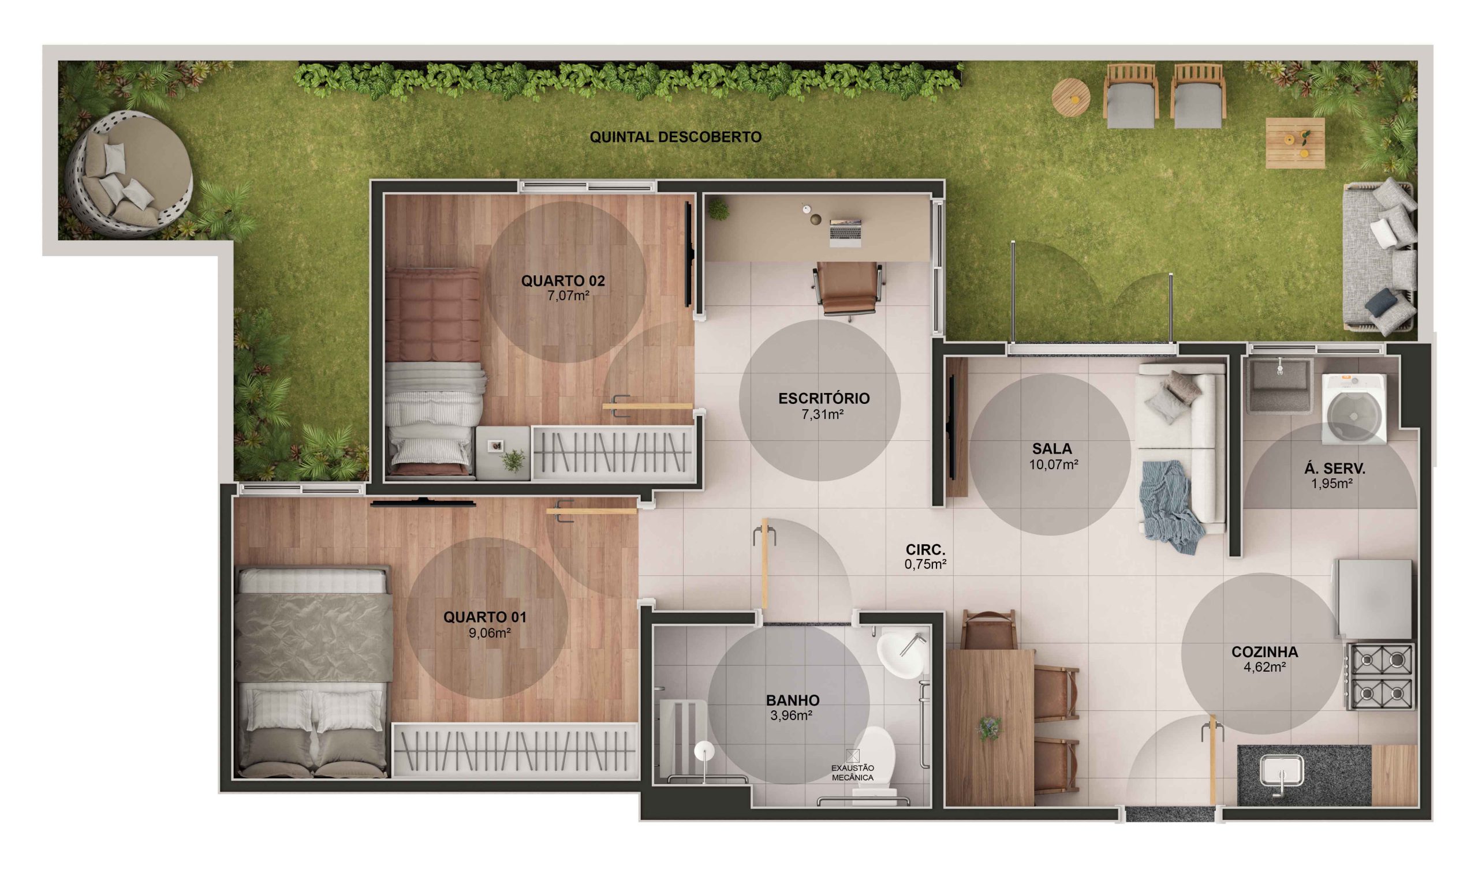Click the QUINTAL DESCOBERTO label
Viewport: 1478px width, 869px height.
[675, 137]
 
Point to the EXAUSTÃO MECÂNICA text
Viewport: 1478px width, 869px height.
[852, 773]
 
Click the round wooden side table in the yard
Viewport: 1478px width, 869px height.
[1070, 98]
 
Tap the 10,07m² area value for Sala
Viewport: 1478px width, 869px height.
[1054, 465]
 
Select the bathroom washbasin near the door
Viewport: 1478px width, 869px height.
[901, 653]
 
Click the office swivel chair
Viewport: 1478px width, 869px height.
[848, 289]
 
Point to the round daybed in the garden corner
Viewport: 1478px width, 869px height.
[130, 174]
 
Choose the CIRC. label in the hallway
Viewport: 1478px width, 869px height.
[925, 550]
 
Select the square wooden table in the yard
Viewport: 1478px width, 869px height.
[1294, 143]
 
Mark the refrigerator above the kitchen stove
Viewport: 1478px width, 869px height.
[1374, 598]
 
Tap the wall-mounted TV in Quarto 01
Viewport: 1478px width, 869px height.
[422, 502]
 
